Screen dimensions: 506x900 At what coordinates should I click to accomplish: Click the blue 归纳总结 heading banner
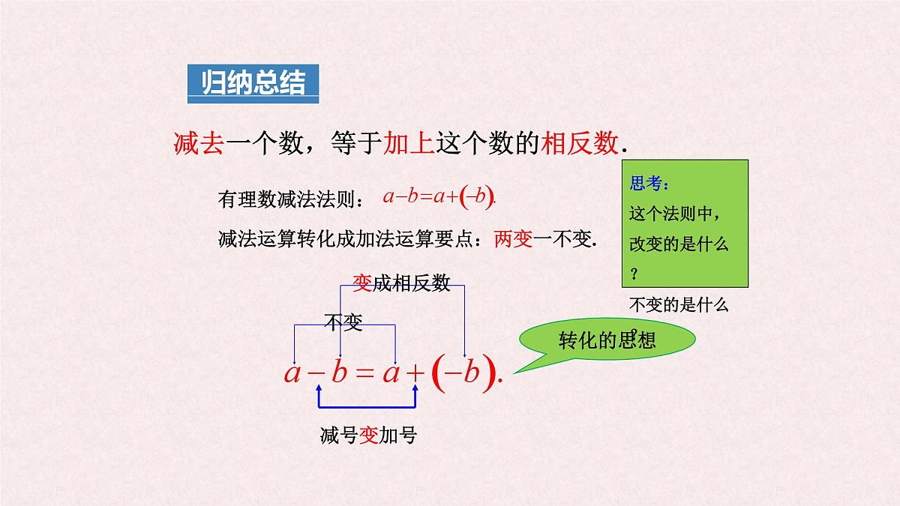point(253,84)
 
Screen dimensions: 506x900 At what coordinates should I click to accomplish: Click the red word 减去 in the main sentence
point(199,142)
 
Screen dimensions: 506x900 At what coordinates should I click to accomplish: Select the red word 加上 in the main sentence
point(408,142)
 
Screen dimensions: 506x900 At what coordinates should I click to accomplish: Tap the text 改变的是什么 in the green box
point(679,244)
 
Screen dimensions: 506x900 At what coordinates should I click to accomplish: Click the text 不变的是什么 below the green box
point(679,305)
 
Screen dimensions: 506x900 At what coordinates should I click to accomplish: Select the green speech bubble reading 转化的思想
point(607,340)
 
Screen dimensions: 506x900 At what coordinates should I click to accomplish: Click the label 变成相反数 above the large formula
point(401,283)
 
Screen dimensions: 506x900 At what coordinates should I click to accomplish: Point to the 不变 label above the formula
point(343,323)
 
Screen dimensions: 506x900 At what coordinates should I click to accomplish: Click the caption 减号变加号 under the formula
point(367,436)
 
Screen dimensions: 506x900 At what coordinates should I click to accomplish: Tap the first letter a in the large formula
point(292,373)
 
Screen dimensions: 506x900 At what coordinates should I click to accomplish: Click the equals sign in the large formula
point(364,373)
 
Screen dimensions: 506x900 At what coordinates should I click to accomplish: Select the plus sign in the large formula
point(415,373)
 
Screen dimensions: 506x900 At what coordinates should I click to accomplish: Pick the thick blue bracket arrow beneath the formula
point(367,406)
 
